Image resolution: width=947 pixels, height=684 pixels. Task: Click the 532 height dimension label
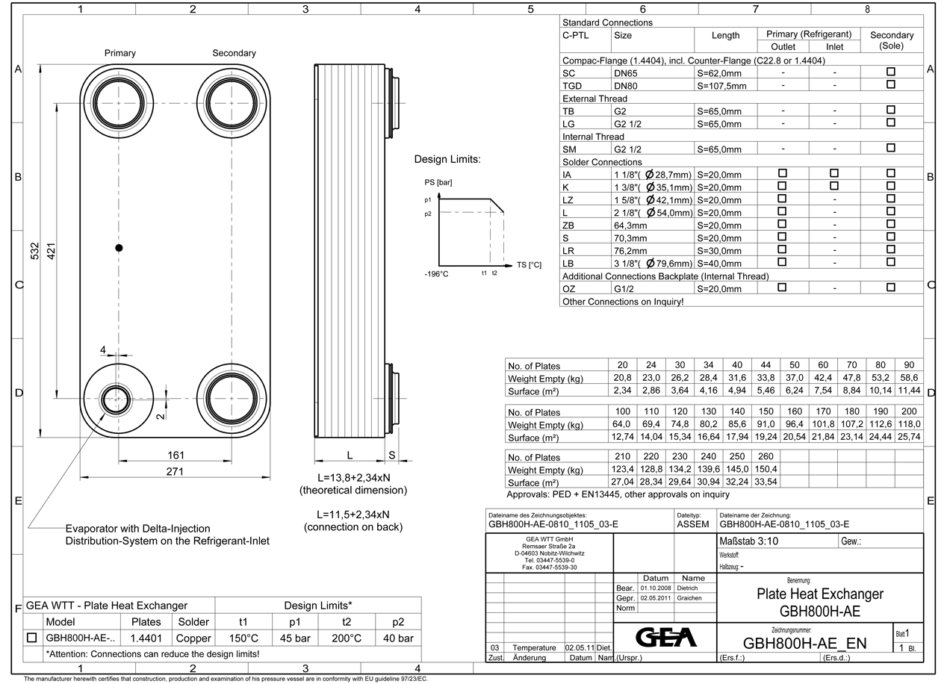click(34, 251)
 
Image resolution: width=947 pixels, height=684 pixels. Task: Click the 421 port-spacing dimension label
click(52, 251)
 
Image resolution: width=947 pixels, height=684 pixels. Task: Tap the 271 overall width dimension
click(174, 471)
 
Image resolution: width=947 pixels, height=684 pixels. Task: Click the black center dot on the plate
click(119, 248)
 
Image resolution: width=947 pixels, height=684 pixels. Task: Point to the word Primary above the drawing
click(119, 53)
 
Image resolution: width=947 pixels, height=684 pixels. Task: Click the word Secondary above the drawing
click(234, 53)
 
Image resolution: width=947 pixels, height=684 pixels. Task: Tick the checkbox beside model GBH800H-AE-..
click(32, 638)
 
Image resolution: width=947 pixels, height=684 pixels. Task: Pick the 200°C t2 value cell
click(347, 638)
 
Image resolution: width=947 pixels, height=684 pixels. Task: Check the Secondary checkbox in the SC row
click(890, 72)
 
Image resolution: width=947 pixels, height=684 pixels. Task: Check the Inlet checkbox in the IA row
click(834, 173)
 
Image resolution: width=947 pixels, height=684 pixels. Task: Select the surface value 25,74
click(909, 437)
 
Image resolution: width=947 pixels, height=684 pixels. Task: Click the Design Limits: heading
click(447, 160)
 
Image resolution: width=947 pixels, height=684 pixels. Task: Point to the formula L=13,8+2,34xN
click(353, 477)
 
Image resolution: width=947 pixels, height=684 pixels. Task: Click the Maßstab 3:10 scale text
click(749, 541)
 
